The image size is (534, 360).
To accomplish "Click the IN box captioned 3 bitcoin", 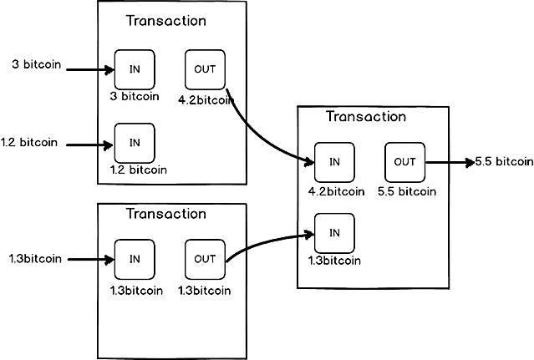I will (x=135, y=69).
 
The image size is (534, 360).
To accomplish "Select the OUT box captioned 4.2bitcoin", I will (x=205, y=69).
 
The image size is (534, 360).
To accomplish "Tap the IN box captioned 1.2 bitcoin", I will (x=135, y=143).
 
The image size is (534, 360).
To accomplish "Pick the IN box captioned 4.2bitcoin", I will (x=334, y=162).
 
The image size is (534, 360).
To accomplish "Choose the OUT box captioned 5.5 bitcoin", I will (x=404, y=162).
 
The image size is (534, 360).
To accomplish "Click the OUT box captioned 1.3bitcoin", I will (x=205, y=259).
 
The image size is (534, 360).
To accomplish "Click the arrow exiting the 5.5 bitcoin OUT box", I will (x=447, y=162).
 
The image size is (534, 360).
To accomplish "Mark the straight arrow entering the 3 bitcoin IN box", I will (x=90, y=69).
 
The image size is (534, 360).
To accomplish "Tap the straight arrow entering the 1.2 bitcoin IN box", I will (x=90, y=145).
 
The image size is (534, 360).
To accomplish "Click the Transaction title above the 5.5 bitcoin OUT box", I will (x=365, y=117).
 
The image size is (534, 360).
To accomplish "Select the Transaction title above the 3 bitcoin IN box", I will (x=165, y=21).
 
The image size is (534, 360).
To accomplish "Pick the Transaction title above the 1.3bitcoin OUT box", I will (x=165, y=214).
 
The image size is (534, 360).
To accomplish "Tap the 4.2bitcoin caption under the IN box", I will (x=336, y=191).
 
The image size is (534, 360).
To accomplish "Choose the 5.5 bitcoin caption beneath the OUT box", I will (x=406, y=191).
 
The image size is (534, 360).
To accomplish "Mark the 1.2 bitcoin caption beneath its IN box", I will (x=138, y=170).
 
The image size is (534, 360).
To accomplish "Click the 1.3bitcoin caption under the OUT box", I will (x=205, y=291).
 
